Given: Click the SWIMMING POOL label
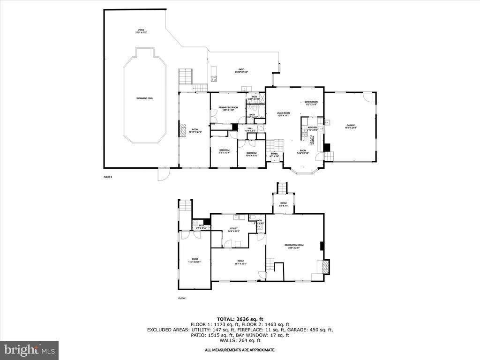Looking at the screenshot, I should (x=145, y=98).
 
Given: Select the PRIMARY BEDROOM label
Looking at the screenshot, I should (x=228, y=109).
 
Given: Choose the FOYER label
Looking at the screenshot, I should (x=274, y=154).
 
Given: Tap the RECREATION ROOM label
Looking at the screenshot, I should (x=294, y=246).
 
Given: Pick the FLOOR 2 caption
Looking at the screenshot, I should (x=108, y=177).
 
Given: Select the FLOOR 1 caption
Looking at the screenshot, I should (x=182, y=299).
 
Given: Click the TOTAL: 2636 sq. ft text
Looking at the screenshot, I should (x=240, y=318).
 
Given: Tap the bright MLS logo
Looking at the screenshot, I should (x=29, y=350).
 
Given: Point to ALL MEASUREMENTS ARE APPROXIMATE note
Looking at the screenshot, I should (x=240, y=350).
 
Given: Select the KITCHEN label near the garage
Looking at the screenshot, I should (x=312, y=128).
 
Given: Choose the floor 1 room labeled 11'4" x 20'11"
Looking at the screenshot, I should (x=194, y=261).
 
